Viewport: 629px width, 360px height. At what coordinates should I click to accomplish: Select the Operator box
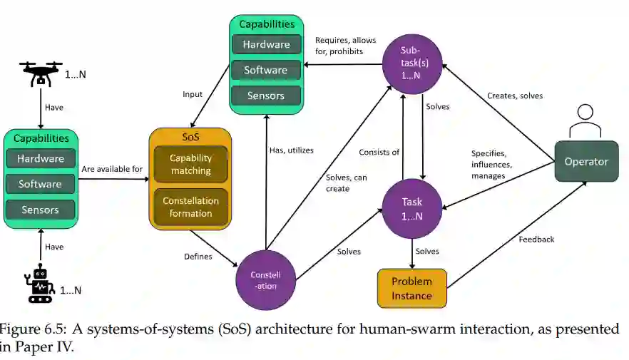click(586, 161)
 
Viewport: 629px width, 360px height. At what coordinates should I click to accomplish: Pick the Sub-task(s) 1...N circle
click(413, 63)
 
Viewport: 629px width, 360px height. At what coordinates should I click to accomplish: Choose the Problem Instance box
click(411, 289)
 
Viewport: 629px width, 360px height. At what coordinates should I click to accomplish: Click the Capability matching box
click(190, 164)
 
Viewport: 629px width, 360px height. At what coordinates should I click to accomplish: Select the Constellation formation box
click(190, 207)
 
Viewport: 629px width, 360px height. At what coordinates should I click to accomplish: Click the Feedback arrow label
click(536, 240)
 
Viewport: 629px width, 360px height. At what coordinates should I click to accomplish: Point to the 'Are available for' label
click(112, 169)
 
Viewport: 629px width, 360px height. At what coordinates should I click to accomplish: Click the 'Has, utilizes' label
click(291, 150)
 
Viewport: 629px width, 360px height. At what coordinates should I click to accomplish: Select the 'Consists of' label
click(379, 151)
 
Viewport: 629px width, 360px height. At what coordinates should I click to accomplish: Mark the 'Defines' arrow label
click(198, 256)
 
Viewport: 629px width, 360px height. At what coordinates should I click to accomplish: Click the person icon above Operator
click(585, 120)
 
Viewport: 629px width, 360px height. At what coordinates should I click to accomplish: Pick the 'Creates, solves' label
click(514, 96)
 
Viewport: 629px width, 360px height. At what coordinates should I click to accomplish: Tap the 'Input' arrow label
click(193, 93)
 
